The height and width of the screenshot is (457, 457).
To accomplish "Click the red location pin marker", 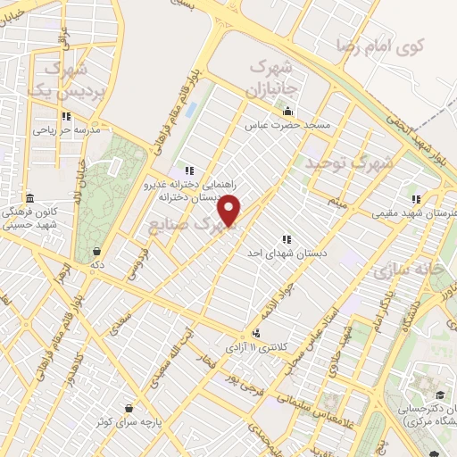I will [x=229, y=211].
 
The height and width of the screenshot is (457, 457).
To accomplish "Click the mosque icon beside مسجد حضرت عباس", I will [x=287, y=112].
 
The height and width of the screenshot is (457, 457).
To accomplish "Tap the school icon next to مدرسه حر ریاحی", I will [x=66, y=116].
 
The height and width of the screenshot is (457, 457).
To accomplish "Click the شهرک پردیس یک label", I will [x=60, y=79].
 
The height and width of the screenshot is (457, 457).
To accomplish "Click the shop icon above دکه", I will [x=96, y=251].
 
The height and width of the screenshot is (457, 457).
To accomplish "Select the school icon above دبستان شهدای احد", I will [x=287, y=239].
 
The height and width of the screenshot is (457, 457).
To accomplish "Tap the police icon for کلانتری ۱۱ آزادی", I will [x=257, y=333].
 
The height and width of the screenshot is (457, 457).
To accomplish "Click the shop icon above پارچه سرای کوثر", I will [x=130, y=407].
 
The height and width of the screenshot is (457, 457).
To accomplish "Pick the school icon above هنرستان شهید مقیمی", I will [x=415, y=199].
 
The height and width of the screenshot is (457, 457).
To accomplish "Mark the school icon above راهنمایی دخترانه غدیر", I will [x=188, y=170].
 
